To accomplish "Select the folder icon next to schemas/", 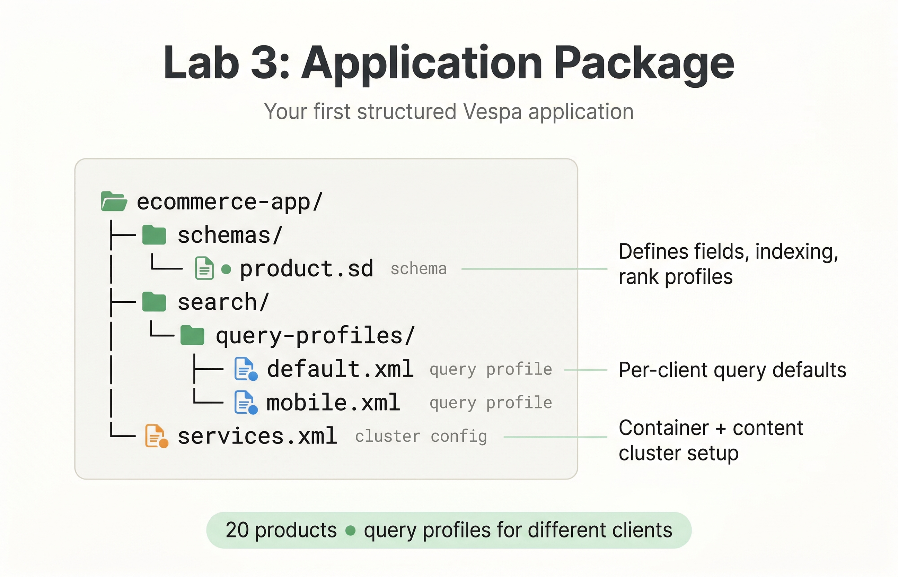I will [x=154, y=235].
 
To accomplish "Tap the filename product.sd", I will [x=306, y=269].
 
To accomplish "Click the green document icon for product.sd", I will [x=204, y=268].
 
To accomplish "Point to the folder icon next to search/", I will [x=154, y=302].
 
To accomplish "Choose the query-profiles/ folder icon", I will [x=192, y=335].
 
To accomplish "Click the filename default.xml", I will [x=340, y=369].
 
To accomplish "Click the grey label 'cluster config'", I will [x=421, y=437].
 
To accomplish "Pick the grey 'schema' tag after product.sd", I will [x=419, y=269].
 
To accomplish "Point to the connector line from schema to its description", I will [x=534, y=269].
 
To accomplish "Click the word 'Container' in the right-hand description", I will [x=663, y=428].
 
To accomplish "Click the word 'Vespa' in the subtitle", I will [x=492, y=112].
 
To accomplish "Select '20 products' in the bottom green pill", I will [x=281, y=530].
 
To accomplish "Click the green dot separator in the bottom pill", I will [x=350, y=531].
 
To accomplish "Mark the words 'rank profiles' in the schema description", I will [x=675, y=277].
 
